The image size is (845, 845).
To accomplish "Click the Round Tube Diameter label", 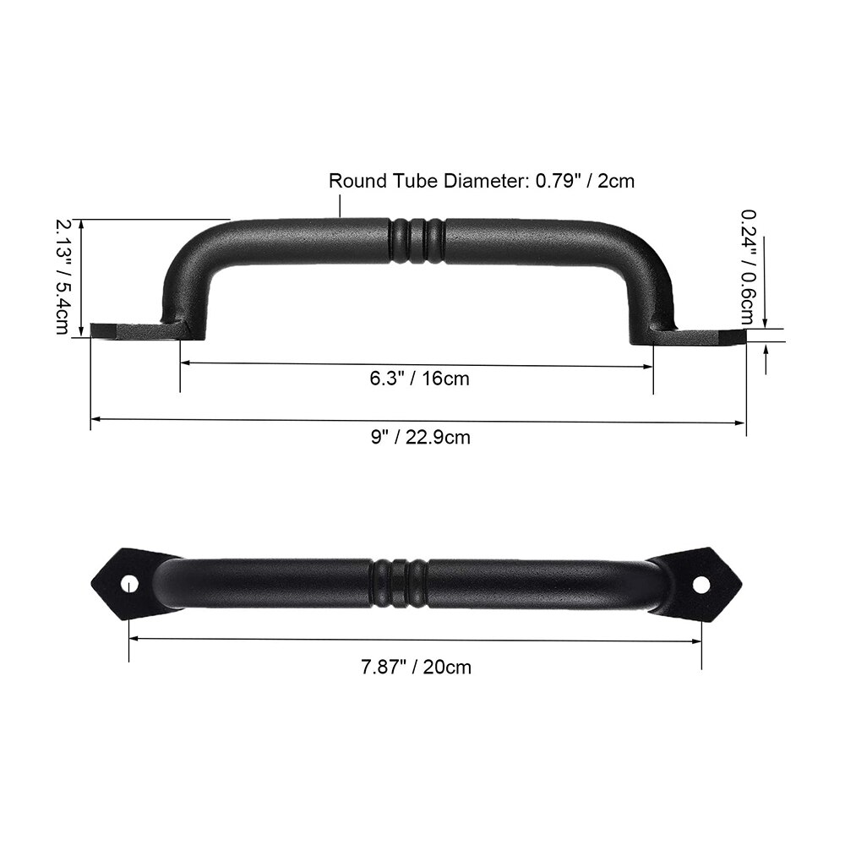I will pos(481,180).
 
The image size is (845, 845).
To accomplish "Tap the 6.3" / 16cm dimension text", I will pos(419,378).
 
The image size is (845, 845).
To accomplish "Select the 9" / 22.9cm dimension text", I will pos(420,437).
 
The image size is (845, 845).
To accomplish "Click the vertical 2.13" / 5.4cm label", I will pos(63,276).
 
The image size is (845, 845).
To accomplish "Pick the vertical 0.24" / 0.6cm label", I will pos(749,266).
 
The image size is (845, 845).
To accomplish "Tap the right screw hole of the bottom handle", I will pos(701,583).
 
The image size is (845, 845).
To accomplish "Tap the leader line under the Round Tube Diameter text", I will pos(341,204).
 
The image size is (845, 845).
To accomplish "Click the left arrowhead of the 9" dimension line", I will pos(95,417).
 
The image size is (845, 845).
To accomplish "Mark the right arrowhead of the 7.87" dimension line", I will pos(697,641).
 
